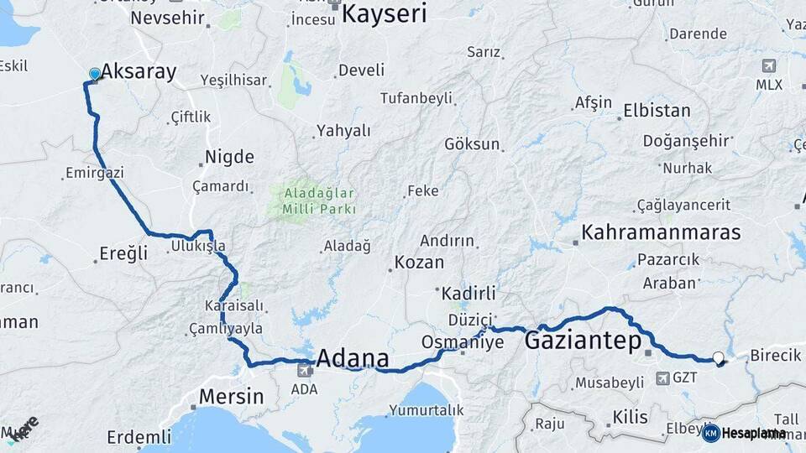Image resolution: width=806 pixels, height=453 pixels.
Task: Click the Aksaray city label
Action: pos(139,72)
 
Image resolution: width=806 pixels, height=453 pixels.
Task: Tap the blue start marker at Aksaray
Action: pos(93,75)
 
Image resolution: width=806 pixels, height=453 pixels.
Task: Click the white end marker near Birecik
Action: pos(719,358)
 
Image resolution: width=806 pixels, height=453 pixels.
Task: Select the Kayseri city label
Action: pos(385,13)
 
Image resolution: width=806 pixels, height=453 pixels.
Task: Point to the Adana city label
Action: pos(353,359)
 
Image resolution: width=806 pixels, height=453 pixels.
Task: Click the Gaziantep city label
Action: pos(583,341)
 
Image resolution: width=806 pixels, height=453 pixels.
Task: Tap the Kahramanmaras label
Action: pos(662,232)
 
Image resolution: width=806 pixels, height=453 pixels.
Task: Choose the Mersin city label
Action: pos(231,396)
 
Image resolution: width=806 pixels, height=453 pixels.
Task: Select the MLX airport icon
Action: pos(768,65)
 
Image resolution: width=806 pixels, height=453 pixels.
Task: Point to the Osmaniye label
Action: pos(462,342)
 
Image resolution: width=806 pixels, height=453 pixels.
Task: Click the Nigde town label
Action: pos(230,157)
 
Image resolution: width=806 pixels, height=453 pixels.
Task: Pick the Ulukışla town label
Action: pos(198,246)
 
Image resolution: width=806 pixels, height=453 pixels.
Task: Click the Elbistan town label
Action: pos(657,111)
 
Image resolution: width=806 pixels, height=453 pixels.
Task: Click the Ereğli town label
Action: pos(123,253)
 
